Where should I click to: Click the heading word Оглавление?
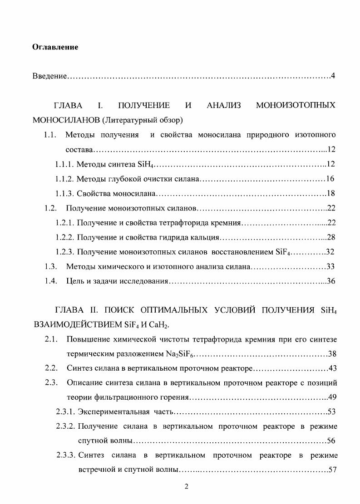tap(55, 47)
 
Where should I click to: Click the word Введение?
tap(49, 75)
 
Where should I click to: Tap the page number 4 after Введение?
tap(333, 75)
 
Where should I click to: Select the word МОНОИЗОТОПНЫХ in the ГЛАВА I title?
tap(296, 106)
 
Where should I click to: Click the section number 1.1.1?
tap(64, 164)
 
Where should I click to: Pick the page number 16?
tap(330, 179)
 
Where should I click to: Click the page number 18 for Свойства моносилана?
tap(330, 194)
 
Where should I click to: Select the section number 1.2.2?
tap(64, 237)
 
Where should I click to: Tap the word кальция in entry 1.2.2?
tap(207, 237)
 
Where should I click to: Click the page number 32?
tap(330, 252)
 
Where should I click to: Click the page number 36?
tap(330, 281)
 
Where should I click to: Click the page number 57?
tap(331, 469)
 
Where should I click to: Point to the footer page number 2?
tap(186, 487)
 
